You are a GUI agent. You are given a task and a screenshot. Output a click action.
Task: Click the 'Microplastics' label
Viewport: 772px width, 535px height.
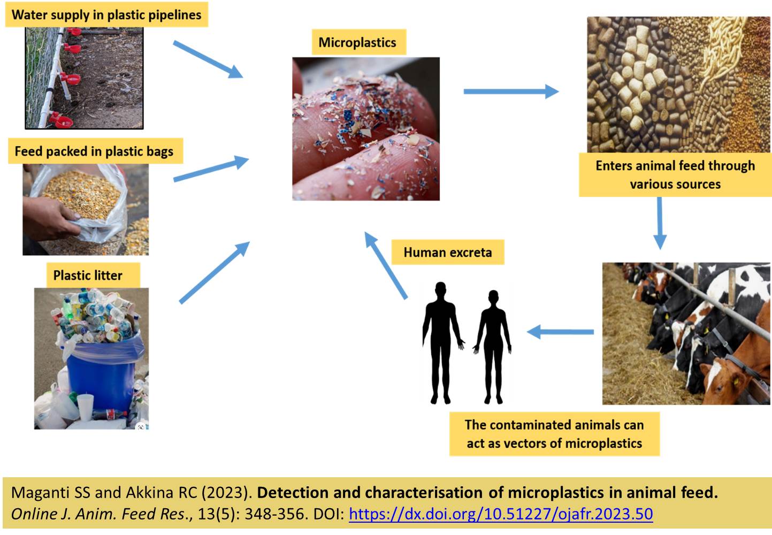click(x=357, y=42)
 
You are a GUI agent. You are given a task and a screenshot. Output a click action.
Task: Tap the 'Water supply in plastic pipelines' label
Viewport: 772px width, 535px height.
click(x=106, y=14)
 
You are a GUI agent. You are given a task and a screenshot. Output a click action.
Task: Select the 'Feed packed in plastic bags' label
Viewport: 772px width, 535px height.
click(x=94, y=151)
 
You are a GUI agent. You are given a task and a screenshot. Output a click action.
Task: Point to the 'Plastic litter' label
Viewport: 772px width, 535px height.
click(x=88, y=276)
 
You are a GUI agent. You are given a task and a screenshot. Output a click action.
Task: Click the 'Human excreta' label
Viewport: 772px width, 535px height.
click(x=447, y=252)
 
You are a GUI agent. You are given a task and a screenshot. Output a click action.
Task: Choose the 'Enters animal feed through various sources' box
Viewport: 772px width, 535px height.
click(x=675, y=174)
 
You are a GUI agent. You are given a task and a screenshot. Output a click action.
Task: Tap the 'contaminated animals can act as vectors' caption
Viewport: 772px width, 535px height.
click(x=554, y=434)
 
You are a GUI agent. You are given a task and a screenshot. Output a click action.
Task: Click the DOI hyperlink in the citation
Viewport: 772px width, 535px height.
click(x=500, y=514)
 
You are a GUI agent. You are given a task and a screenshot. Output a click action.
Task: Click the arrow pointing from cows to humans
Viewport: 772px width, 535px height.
click(x=560, y=332)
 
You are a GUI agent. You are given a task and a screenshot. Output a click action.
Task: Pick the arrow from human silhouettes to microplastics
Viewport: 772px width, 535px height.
click(x=386, y=264)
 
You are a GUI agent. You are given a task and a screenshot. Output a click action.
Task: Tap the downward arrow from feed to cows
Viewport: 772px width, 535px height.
click(x=660, y=222)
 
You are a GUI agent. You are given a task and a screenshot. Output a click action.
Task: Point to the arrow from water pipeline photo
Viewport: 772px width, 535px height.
click(x=208, y=59)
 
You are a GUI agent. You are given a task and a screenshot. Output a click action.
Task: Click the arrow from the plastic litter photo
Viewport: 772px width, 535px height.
click(x=214, y=273)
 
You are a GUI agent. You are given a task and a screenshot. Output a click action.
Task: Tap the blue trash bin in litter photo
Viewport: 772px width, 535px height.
click(x=102, y=369)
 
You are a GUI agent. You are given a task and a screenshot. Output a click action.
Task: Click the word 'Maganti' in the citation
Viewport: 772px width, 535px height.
click(x=37, y=493)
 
